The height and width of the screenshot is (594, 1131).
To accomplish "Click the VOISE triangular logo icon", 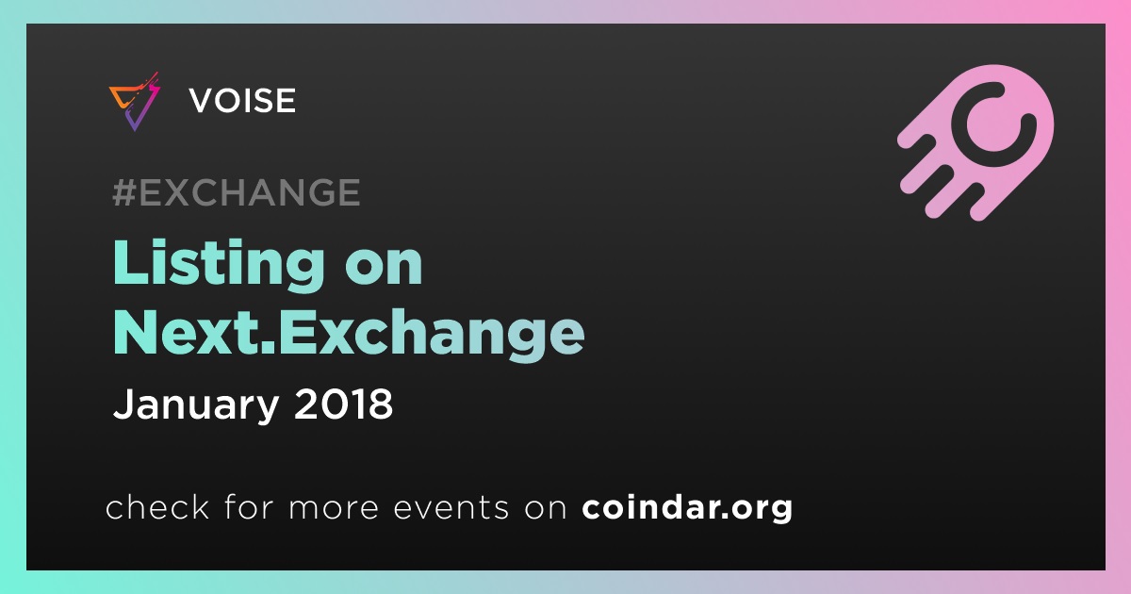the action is tap(134, 102).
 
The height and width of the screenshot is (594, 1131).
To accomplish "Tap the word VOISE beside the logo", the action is tap(242, 100).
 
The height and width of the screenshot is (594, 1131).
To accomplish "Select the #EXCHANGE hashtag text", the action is tap(237, 192).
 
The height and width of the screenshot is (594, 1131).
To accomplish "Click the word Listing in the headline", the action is tap(219, 264).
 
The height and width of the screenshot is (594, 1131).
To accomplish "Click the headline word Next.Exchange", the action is tap(349, 334).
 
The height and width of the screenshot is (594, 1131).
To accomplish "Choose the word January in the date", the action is tap(196, 405).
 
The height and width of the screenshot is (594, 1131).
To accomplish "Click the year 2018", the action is tap(343, 404).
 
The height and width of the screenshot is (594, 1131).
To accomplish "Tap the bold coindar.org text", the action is tap(687, 507).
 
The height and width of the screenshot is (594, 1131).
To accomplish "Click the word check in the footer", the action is tap(157, 506).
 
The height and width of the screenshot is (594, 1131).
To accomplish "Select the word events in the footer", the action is tap(451, 507).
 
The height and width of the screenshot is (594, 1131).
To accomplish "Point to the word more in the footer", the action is tap(334, 508).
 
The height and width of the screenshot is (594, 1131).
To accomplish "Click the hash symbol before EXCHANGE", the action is tap(124, 192).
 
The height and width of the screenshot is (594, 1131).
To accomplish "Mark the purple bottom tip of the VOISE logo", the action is tap(134, 130).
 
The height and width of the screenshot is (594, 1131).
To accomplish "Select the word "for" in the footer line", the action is tap(250, 506).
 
